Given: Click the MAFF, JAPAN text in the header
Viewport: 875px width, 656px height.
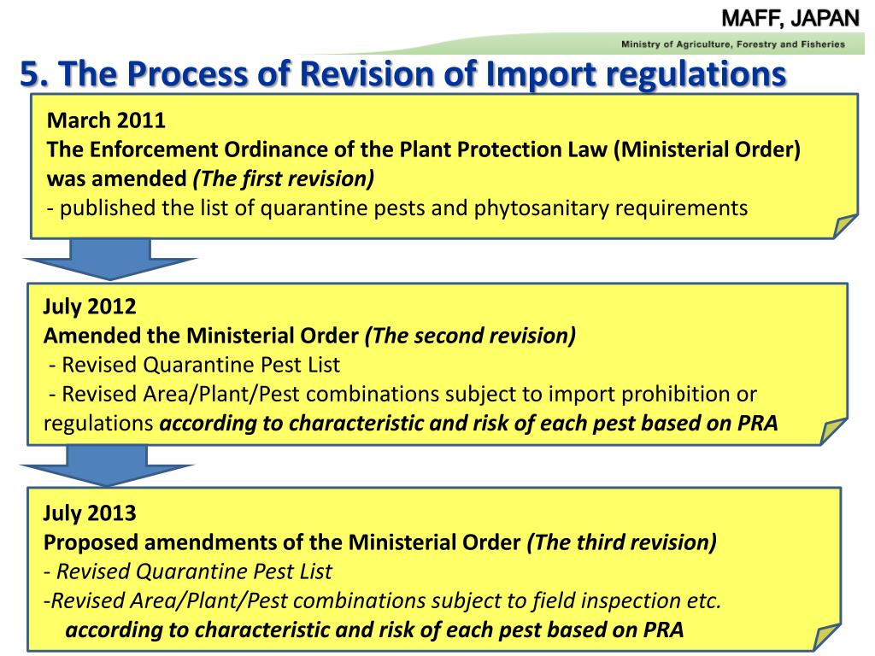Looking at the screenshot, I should pyautogui.click(x=790, y=17).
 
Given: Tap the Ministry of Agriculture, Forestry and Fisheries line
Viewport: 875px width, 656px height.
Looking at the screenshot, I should pyautogui.click(x=732, y=44).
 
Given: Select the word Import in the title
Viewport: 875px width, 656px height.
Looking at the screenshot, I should pyautogui.click(x=537, y=76).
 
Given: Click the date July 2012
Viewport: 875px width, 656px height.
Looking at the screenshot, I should pyautogui.click(x=90, y=307).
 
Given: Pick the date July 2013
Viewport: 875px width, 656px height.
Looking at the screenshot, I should pyautogui.click(x=90, y=512).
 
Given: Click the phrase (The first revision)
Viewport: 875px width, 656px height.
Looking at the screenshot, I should pyautogui.click(x=283, y=178).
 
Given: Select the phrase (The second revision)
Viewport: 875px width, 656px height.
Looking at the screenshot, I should pyautogui.click(x=470, y=336).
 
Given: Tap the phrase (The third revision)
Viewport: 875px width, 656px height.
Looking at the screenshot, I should pyautogui.click(x=622, y=542).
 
